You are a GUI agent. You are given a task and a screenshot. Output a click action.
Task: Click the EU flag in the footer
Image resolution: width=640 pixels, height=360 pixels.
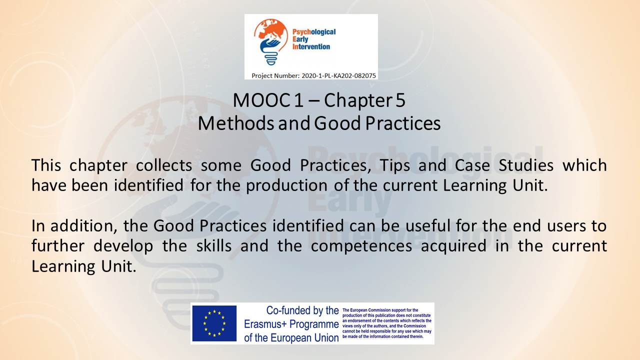click(x=214, y=323)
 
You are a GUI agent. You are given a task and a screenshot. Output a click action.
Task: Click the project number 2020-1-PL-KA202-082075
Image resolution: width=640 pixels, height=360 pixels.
click(x=338, y=75)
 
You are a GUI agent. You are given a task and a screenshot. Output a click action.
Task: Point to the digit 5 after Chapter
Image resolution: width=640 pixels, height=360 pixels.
click(x=400, y=100)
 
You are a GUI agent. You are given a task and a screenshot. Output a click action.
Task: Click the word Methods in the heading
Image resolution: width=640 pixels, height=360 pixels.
click(x=236, y=123)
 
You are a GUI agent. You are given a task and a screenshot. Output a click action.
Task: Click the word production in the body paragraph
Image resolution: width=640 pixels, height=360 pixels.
click(x=286, y=185)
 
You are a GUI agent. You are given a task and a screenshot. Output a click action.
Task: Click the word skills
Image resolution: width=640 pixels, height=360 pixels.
click(x=213, y=245)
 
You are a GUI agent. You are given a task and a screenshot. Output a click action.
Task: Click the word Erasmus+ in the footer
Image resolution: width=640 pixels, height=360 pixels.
click(x=265, y=324)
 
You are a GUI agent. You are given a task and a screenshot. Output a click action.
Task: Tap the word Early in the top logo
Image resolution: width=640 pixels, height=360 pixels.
click(x=300, y=39)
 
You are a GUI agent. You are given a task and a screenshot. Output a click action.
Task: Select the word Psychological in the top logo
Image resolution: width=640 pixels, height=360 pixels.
click(x=314, y=32)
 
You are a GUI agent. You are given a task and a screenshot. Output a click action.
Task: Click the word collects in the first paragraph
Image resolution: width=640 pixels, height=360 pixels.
click(x=164, y=165)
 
